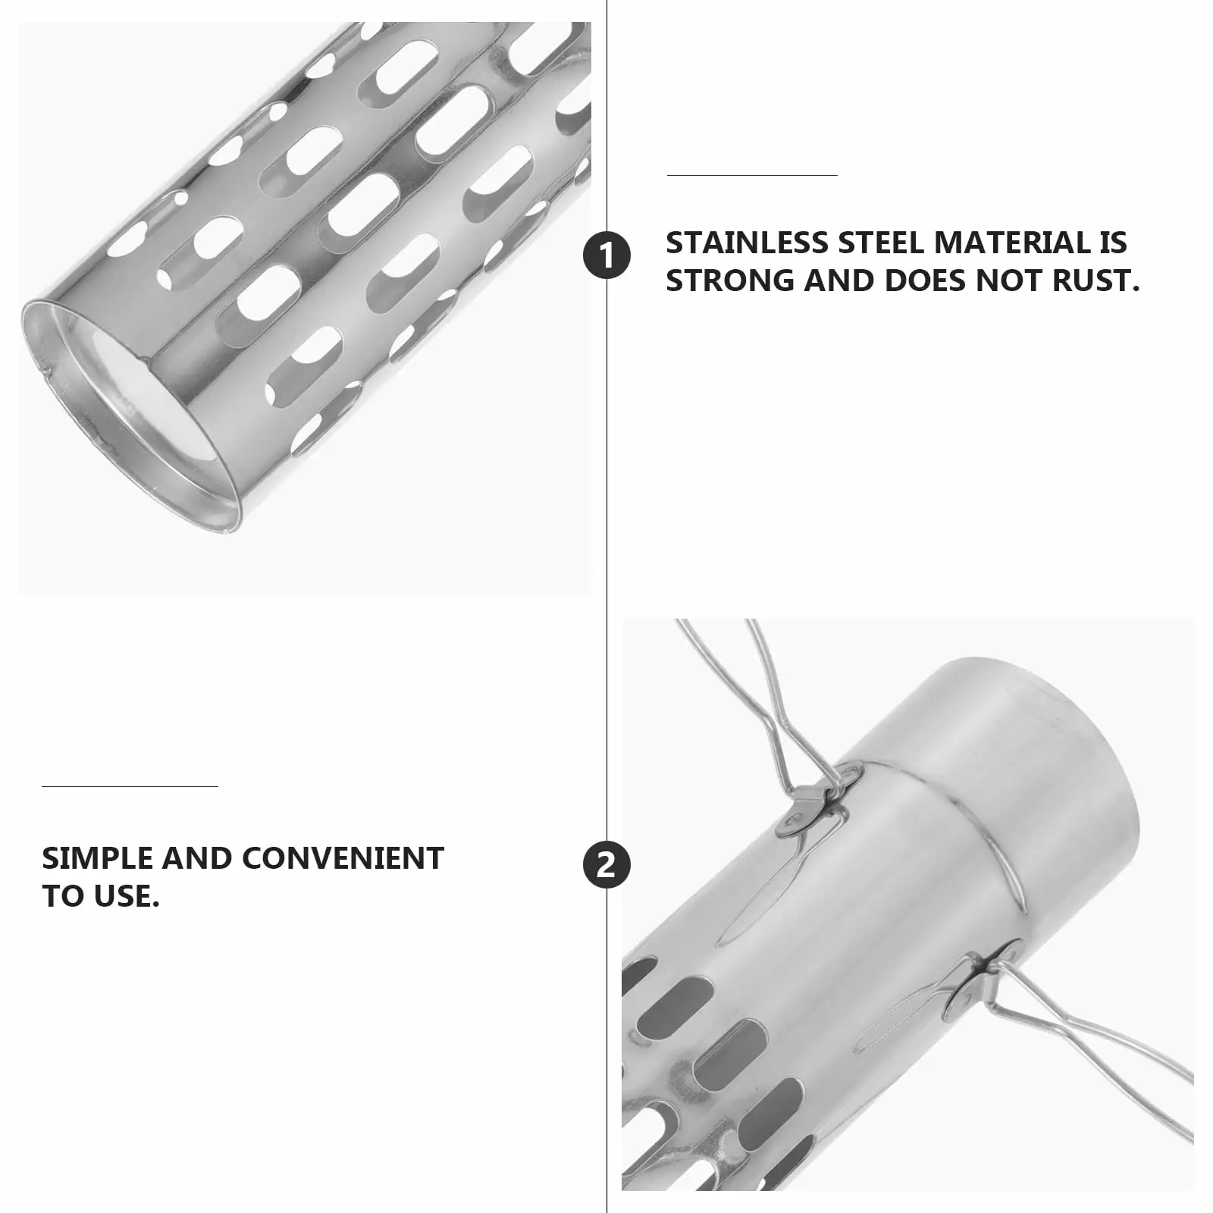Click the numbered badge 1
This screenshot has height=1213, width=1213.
pyautogui.click(x=606, y=255)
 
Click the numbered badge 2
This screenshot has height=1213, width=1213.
pyautogui.click(x=606, y=865)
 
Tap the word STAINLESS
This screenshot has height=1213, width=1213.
pyautogui.click(x=748, y=243)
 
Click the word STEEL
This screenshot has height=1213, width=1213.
pyautogui.click(x=882, y=243)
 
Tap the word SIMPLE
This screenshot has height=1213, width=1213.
pyautogui.click(x=98, y=858)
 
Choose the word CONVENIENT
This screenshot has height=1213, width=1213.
pyautogui.click(x=343, y=858)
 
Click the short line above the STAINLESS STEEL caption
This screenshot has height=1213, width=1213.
pyautogui.click(x=752, y=175)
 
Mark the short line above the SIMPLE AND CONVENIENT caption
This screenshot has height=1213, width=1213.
pyautogui.click(x=130, y=786)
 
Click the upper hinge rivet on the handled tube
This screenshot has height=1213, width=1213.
pyautogui.click(x=795, y=820)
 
